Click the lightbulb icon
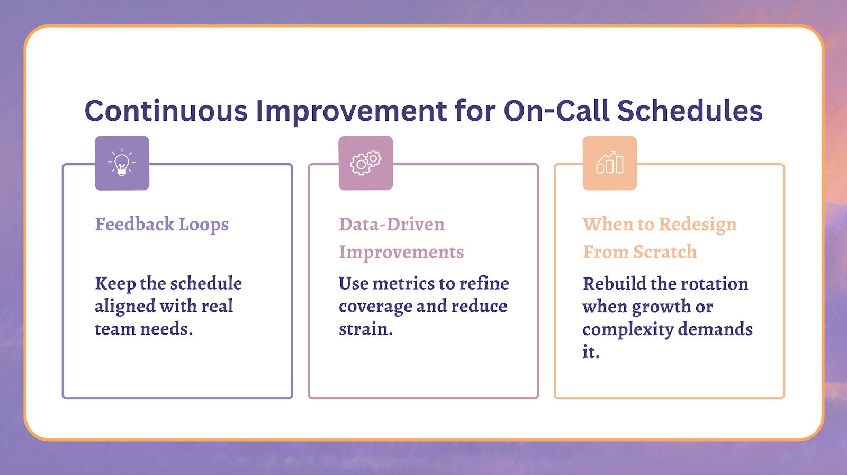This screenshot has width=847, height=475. (122, 162)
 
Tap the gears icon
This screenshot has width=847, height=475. (366, 163)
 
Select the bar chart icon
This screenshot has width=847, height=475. (610, 162)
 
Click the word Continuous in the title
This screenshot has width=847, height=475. (166, 111)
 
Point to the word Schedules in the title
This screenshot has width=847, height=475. (690, 111)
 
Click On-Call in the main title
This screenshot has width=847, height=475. (556, 111)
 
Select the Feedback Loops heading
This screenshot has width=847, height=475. (162, 225)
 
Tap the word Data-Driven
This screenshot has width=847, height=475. (392, 225)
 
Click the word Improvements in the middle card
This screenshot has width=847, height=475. (401, 252)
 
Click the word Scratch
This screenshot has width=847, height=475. (665, 252)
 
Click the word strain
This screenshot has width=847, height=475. (366, 329)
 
